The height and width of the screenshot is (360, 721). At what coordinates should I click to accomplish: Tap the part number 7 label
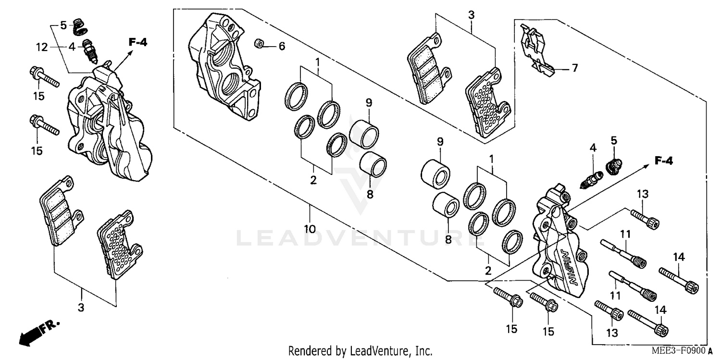[x=574, y=68]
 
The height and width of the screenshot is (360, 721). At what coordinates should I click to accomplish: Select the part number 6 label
[x=282, y=46]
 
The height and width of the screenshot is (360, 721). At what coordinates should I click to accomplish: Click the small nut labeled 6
[x=258, y=44]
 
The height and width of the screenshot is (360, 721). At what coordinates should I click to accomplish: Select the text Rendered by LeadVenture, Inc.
[x=360, y=351]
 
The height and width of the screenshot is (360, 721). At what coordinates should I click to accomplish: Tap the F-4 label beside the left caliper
[x=137, y=43]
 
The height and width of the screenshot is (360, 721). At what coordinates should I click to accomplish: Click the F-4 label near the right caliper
[x=663, y=161]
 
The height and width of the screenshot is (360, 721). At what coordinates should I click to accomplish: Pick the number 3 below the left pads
[x=81, y=307]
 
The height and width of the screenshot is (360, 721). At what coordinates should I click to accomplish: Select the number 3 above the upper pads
[x=471, y=15]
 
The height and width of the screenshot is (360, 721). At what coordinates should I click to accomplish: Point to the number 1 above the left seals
[x=317, y=62]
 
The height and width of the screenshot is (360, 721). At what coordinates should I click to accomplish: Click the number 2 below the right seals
[x=488, y=271]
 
